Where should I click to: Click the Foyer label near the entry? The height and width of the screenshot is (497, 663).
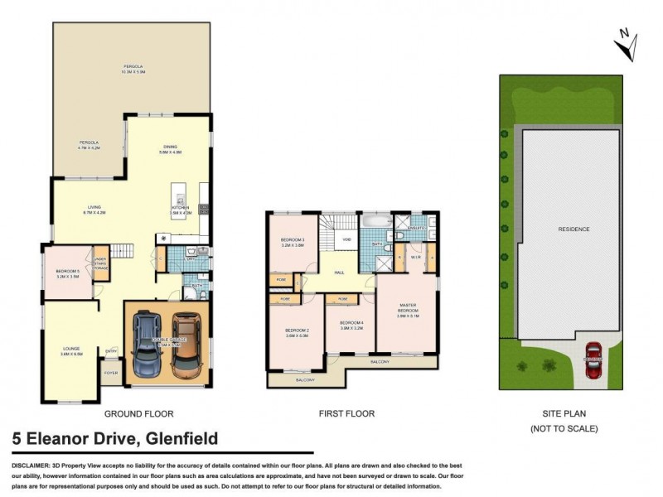click(x=111, y=374)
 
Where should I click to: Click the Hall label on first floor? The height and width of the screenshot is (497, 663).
click(x=339, y=272)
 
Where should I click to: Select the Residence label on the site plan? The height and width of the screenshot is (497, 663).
click(x=573, y=229)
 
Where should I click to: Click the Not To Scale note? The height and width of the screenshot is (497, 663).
click(x=564, y=428)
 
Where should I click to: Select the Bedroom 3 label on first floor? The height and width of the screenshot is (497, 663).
click(x=293, y=242)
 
